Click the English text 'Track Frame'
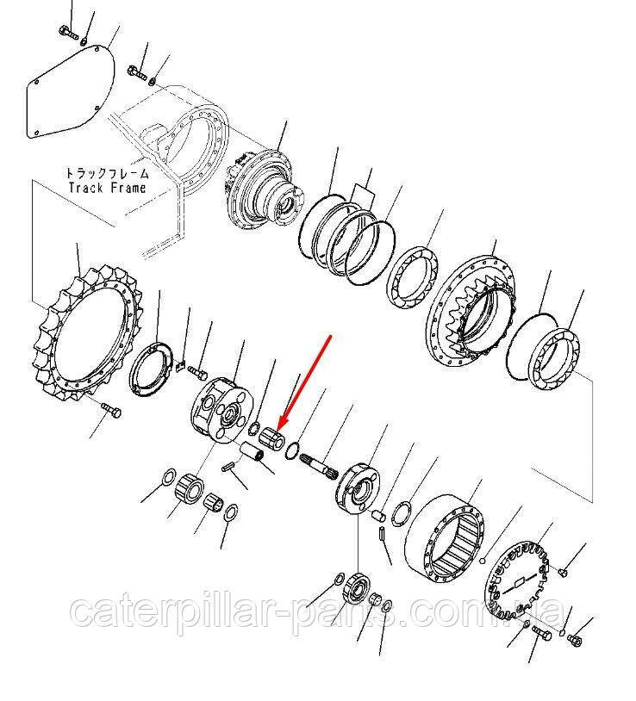(x=106, y=187)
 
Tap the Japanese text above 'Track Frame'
(x=106, y=172)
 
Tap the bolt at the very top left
(x=67, y=32)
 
